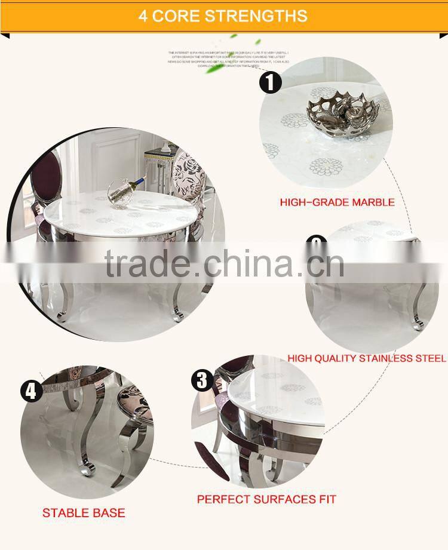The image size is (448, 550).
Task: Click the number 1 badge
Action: click(270, 82)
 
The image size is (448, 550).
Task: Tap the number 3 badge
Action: click(202, 380)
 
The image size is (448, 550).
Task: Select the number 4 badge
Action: click(31, 391)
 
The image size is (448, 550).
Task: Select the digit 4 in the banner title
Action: click(143, 16)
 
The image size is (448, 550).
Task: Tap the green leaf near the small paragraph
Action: click(213, 67)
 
